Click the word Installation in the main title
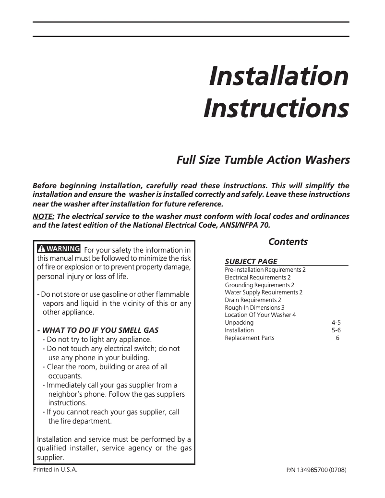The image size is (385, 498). tap(278, 76)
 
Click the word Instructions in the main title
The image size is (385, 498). tap(276, 109)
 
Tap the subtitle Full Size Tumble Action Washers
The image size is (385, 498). tap(263, 160)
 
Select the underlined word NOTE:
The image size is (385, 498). tap(43, 217)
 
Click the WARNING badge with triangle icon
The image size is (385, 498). tap(59, 249)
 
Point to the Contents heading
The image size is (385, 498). tap(288, 242)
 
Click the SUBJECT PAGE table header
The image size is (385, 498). tap(251, 261)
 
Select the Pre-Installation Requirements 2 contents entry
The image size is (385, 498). tap(265, 270)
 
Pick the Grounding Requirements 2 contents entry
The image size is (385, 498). tap(259, 285)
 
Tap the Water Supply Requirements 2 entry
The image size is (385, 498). tap(264, 292)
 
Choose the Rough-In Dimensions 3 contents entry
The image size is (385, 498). tap(254, 307)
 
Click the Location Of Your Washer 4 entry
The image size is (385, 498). tap(260, 315)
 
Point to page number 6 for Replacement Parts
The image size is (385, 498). tap(337, 338)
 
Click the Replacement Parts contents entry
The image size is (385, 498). tap(250, 338)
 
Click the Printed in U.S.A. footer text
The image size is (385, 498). tap(55, 470)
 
